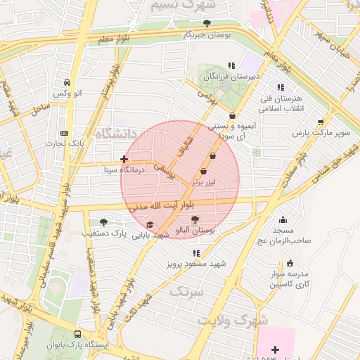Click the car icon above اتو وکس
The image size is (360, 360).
[67, 82]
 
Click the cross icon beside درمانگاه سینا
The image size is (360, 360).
[124, 160]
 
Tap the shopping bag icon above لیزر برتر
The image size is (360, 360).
[204, 171]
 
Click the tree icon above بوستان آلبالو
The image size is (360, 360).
[195, 219]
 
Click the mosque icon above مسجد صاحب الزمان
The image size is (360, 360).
[283, 219]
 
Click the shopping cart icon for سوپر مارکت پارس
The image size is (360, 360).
[321, 122]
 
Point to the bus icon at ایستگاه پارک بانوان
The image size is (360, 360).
[77, 335]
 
